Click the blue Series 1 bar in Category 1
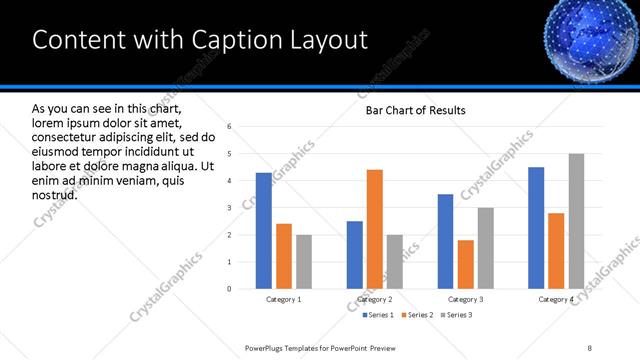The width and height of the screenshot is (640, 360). [x=264, y=231]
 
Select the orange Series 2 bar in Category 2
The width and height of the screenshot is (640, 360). [x=375, y=229]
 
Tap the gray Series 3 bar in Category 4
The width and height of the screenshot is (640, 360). [x=576, y=221]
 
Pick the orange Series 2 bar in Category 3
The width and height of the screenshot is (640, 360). [x=466, y=264]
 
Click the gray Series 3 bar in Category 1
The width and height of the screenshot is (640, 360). [x=304, y=262]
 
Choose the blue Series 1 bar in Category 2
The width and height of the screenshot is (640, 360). [x=355, y=255]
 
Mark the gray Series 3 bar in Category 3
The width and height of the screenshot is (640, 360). [x=486, y=248]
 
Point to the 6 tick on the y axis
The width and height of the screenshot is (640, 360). [x=230, y=127]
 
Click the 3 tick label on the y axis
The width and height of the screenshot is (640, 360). [x=230, y=208]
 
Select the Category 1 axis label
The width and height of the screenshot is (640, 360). [x=284, y=300]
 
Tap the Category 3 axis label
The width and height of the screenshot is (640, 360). [x=466, y=300]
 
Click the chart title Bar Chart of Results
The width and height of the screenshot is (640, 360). [x=415, y=110]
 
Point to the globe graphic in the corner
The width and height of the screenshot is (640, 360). [x=590, y=38]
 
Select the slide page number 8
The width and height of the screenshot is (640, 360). [x=589, y=347]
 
